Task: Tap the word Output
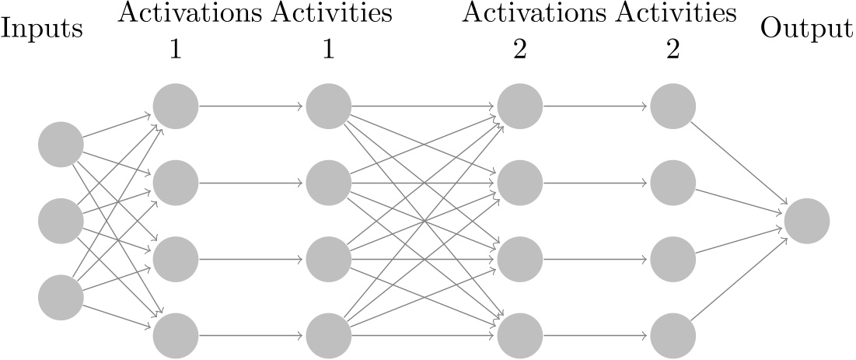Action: [x=806, y=30]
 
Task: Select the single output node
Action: [x=807, y=221]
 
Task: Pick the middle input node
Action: [x=61, y=221]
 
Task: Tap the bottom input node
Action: [x=61, y=297]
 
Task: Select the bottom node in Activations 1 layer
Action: [x=176, y=334]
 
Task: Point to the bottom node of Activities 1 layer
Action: [x=329, y=334]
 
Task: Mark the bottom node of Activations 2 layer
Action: [x=519, y=334]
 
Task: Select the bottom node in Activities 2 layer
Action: [x=673, y=334]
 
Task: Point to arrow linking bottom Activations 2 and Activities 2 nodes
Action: [x=596, y=334]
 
